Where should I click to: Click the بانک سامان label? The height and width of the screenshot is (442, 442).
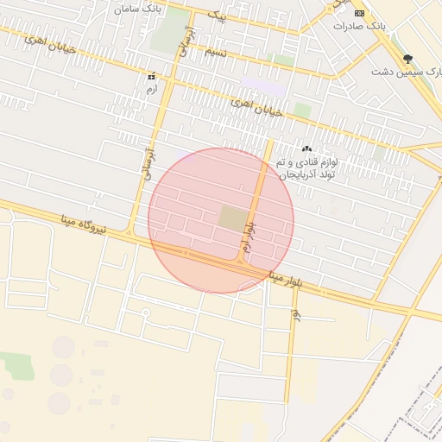click(x=136, y=8)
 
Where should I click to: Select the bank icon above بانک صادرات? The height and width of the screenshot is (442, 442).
click(x=359, y=13)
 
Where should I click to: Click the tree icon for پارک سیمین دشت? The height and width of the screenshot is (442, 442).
click(x=408, y=57)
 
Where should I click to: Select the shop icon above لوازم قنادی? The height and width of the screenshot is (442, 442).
click(x=306, y=149)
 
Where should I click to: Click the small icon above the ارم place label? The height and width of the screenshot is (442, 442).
click(x=152, y=76)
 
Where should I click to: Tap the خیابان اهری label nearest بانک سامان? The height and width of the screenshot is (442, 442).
click(x=50, y=41)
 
